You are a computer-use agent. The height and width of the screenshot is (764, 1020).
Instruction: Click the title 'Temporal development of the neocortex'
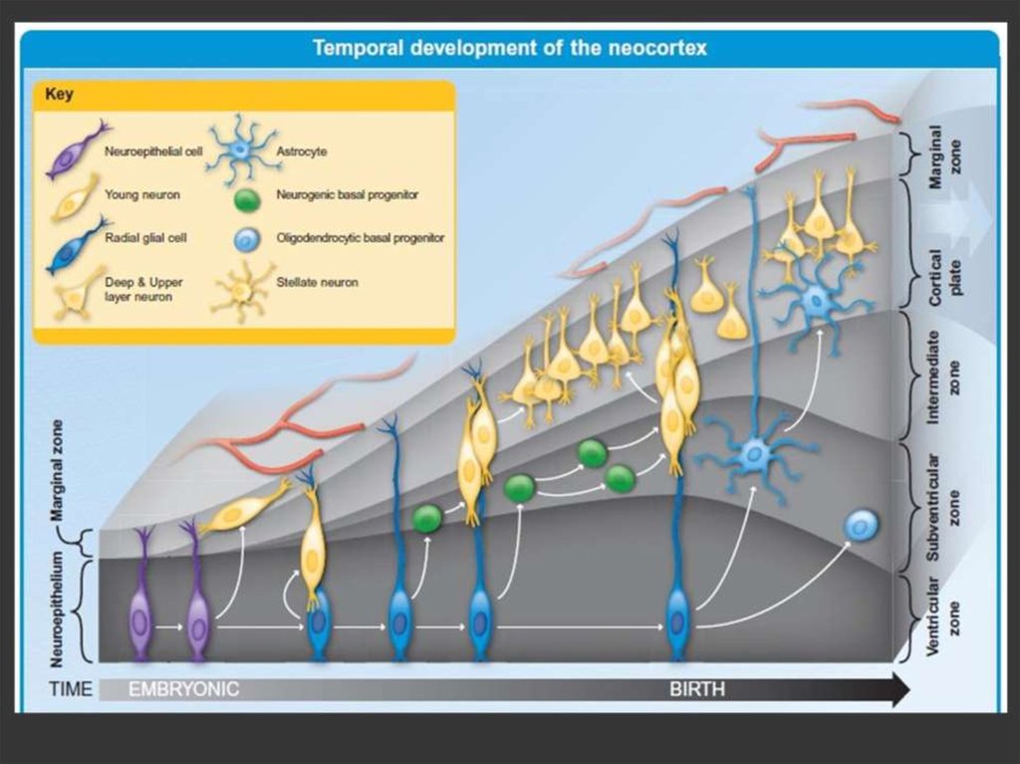click(509, 48)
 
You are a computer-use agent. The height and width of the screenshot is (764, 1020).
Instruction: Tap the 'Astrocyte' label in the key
click(301, 151)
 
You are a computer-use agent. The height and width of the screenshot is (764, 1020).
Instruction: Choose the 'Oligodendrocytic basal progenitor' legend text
click(360, 238)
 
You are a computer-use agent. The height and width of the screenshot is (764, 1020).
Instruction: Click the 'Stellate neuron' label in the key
click(316, 283)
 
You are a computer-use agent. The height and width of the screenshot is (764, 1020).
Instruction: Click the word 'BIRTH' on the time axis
click(697, 689)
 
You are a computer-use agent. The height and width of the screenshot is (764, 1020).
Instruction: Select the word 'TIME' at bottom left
click(71, 689)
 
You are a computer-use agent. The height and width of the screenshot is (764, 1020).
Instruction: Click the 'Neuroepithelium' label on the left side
click(57, 608)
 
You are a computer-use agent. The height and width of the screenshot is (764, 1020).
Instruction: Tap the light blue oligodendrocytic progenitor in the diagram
click(861, 525)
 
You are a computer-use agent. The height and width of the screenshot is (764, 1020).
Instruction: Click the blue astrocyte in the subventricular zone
click(754, 456)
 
